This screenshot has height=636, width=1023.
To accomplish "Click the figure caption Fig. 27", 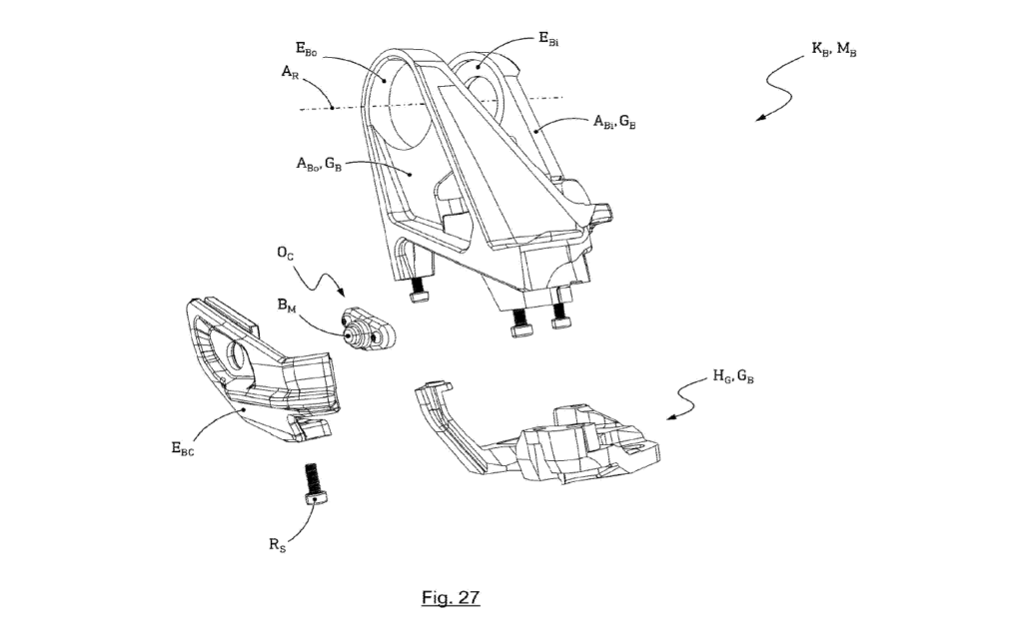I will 451,598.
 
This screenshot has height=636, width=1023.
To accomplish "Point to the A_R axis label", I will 289,73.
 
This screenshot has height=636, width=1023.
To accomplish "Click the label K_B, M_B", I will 833,49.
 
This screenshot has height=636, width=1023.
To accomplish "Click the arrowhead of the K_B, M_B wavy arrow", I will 758,119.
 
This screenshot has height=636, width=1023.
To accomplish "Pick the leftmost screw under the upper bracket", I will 417,293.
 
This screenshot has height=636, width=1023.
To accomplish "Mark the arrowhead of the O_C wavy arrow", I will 345,296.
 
